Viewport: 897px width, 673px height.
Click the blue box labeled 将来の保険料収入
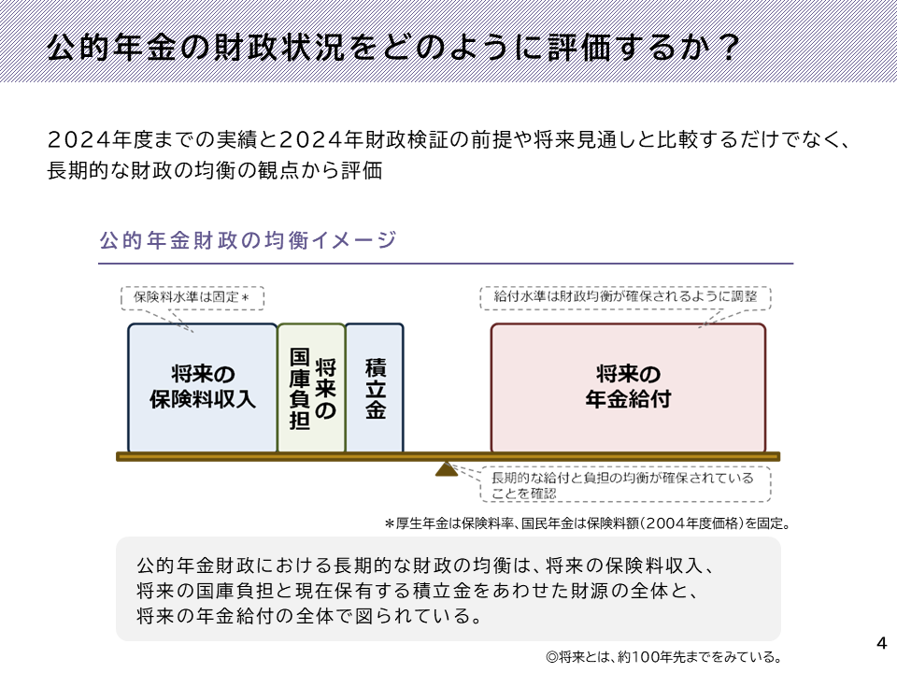(203, 388)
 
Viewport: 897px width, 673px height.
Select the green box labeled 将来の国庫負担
(312, 388)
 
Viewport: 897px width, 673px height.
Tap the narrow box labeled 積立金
(375, 388)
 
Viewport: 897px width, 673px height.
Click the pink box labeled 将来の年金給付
(628, 388)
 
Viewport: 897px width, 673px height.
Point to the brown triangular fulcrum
(447, 469)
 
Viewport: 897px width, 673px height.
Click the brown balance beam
(448, 457)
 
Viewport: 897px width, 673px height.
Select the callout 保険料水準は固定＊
(192, 298)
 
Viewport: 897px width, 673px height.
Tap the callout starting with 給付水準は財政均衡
(625, 298)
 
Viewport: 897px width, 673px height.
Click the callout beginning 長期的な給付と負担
(625, 484)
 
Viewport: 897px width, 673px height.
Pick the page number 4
(881, 643)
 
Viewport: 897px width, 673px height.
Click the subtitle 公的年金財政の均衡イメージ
(248, 240)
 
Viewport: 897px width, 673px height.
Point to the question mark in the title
(729, 48)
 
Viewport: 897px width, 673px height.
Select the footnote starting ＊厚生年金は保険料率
(588, 523)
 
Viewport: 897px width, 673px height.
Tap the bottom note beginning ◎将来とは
(663, 657)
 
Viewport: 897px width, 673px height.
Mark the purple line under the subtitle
(446, 264)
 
